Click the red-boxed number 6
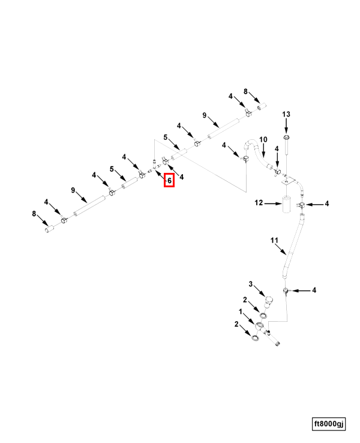click(169, 179)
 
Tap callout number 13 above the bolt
click(286, 114)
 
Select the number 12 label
click(259, 203)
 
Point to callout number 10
click(262, 140)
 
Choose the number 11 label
click(274, 241)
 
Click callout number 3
click(251, 284)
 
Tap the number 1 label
click(241, 312)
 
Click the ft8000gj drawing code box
click(329, 424)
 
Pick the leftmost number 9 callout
click(73, 190)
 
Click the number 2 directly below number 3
click(245, 300)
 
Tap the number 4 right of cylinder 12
click(327, 204)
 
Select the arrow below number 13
click(286, 127)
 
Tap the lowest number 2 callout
click(237, 324)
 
